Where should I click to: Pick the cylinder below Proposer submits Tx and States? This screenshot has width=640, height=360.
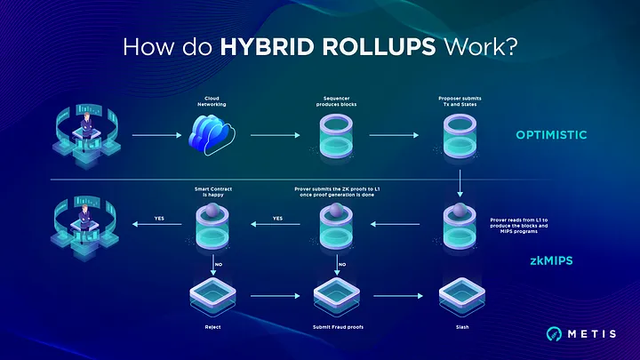460,136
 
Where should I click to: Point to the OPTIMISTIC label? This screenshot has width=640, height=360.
552,136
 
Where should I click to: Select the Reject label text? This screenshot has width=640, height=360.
213,326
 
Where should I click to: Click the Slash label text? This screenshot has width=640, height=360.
460,326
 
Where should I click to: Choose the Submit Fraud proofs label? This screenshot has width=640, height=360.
337,326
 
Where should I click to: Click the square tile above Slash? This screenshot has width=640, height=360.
460,293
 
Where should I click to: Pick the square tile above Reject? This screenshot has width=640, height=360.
213,293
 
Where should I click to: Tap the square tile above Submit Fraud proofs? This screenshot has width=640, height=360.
337,293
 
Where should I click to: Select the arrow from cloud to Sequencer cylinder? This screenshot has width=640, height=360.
275,136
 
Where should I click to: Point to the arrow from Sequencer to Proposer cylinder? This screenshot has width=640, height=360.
398,136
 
